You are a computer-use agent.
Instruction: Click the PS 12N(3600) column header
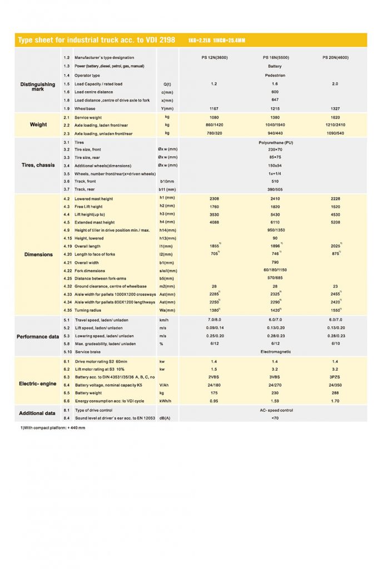tap(214, 58)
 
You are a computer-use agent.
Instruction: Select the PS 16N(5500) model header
tap(276, 58)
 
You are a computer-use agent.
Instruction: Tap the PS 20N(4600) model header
tap(335, 58)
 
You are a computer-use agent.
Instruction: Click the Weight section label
tap(38, 125)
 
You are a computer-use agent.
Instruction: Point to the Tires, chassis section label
tap(38, 165)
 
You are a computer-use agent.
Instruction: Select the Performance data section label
tap(38, 337)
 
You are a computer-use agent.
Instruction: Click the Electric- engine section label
tap(38, 384)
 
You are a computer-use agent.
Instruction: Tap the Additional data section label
tap(38, 413)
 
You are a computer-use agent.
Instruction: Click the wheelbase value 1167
tap(214, 109)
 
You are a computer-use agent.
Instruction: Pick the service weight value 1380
tap(275, 118)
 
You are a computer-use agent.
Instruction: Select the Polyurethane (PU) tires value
tap(275, 142)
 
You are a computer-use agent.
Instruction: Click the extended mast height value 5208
tap(335, 222)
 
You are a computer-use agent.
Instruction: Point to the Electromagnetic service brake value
tap(275, 352)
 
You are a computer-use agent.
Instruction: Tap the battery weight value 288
tap(335, 393)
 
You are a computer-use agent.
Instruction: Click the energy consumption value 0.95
tap(214, 401)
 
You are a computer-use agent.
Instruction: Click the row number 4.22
tap(67, 270)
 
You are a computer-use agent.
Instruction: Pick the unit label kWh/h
tap(166, 401)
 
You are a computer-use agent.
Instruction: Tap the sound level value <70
tap(275, 418)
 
